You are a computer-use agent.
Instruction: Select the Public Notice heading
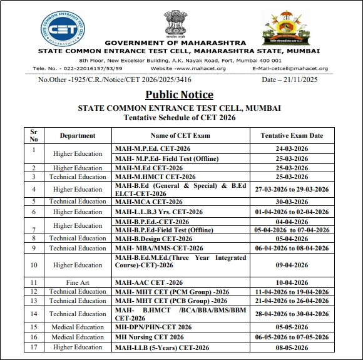click(179, 95)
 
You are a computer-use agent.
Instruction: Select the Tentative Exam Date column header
click(292, 135)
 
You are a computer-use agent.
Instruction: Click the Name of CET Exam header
click(180, 135)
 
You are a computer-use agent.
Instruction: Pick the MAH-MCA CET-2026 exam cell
click(149, 202)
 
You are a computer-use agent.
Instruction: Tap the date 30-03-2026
click(292, 202)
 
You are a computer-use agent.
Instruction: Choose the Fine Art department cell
click(78, 282)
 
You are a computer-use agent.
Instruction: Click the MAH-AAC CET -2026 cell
click(149, 282)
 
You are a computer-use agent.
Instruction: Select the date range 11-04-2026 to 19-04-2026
click(292, 292)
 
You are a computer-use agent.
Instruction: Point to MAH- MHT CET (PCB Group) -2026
click(172, 301)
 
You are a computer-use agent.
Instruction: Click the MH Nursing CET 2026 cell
click(149, 337)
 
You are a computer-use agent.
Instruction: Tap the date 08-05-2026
click(292, 347)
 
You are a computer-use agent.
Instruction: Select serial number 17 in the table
click(34, 347)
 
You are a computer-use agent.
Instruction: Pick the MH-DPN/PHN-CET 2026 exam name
click(153, 327)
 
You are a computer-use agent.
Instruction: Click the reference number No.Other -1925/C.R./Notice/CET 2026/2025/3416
click(115, 80)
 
